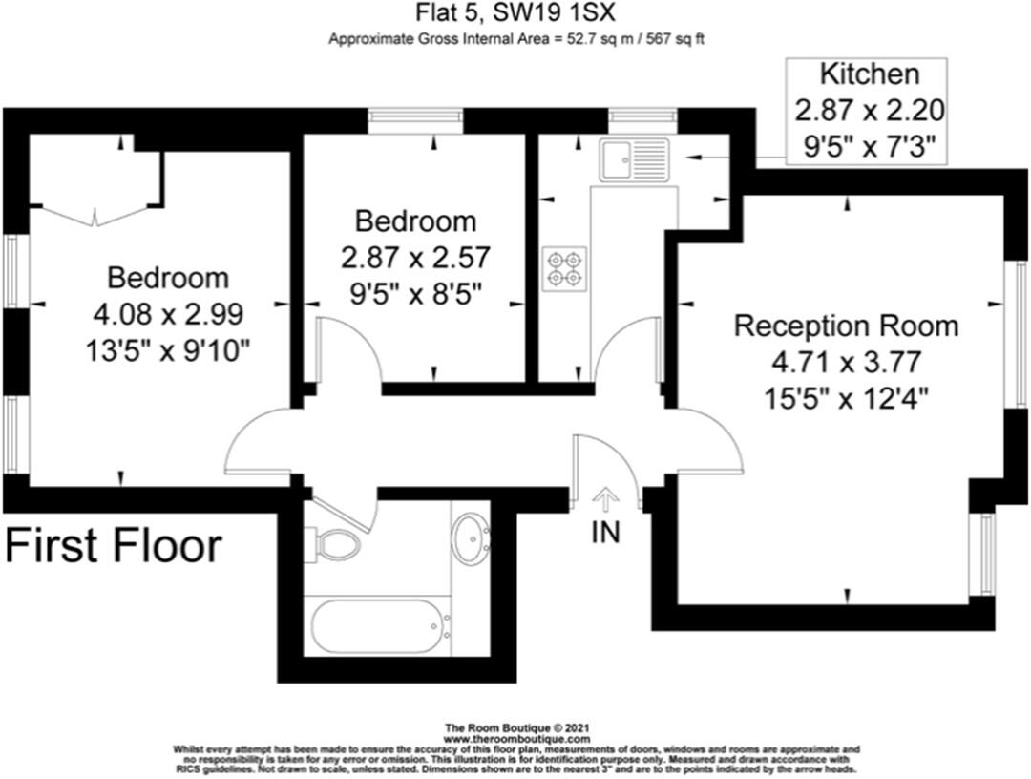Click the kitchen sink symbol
pyautogui.click(x=634, y=159)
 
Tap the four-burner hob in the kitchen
pyautogui.click(x=564, y=267)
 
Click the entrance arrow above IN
pyautogui.click(x=605, y=498)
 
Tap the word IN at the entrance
pyautogui.click(x=605, y=532)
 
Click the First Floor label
pyautogui.click(x=115, y=547)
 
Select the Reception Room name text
pyautogui.click(x=846, y=326)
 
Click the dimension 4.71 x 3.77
pyautogui.click(x=846, y=361)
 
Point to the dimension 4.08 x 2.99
pyautogui.click(x=168, y=313)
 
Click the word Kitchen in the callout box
pyautogui.click(x=870, y=74)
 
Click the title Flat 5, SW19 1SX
pyautogui.click(x=516, y=14)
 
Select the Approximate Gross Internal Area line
pyautogui.click(x=516, y=39)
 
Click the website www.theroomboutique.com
pyautogui.click(x=515, y=739)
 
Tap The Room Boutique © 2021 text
pyautogui.click(x=515, y=728)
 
